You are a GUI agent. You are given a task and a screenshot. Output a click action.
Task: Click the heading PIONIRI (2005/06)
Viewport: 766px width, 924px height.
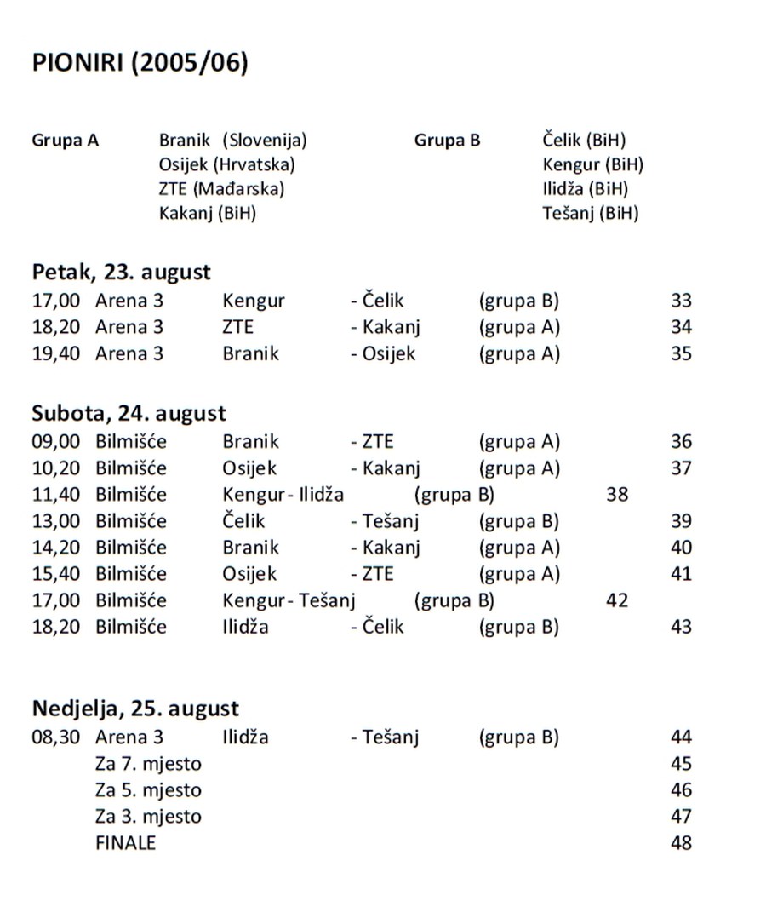(140, 65)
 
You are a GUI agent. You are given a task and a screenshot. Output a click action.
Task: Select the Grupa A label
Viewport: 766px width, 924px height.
(66, 140)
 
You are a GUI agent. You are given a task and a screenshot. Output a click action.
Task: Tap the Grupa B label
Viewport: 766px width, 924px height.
(447, 140)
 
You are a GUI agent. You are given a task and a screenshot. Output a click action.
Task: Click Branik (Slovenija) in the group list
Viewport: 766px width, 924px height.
(232, 140)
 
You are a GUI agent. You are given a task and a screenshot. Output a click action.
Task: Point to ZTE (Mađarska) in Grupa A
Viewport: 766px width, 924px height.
(221, 188)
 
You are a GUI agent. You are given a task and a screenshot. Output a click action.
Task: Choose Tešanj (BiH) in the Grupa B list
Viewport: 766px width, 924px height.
(590, 213)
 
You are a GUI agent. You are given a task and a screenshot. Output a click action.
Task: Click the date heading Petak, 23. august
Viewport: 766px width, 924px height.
(122, 273)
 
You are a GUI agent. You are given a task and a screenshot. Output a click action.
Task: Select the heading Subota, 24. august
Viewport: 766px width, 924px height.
(129, 413)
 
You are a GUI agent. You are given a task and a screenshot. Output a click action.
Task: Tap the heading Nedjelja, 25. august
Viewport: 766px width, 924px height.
(136, 708)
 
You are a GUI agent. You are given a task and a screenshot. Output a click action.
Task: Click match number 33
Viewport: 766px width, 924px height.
(681, 301)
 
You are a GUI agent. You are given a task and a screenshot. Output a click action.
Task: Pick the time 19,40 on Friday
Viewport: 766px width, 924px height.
(56, 353)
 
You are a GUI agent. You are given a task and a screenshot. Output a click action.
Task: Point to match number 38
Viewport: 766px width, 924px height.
(617, 494)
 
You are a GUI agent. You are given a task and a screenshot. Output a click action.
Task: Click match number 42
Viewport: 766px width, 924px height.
(617, 600)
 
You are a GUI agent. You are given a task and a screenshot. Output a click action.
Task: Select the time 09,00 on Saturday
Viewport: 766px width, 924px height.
(56, 442)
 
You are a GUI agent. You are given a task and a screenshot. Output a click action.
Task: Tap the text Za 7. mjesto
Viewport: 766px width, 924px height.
(148, 763)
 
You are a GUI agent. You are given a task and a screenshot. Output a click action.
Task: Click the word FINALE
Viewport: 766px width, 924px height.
(126, 843)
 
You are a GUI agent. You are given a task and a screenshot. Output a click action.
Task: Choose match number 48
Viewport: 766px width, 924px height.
(681, 843)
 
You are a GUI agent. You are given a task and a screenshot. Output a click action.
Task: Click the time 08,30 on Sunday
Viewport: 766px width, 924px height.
(56, 737)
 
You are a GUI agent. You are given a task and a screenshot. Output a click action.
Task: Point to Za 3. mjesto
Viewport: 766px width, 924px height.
(148, 817)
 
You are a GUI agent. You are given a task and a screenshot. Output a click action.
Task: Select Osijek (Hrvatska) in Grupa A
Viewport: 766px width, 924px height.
(226, 164)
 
